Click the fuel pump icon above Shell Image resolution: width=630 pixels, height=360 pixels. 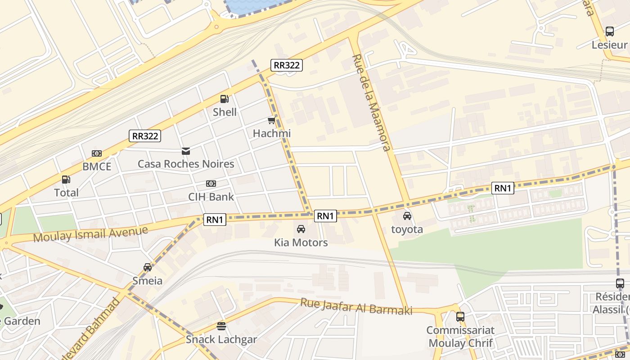pos(224,99)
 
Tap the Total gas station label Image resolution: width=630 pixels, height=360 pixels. pos(66,193)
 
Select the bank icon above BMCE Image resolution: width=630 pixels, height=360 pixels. pos(97,153)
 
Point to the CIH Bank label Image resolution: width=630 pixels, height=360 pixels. pos(211,197)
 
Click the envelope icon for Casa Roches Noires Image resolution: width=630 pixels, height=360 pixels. pos(185,151)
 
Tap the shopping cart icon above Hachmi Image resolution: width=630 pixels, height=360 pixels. pos(271,120)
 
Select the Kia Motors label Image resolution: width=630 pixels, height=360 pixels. pos(301,243)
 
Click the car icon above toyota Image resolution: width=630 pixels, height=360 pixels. pos(407,216)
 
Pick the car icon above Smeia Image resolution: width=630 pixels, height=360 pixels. pos(148,267)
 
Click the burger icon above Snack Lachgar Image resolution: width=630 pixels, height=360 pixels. pos(221,326)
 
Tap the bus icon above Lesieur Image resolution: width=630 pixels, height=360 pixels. pos(610,31)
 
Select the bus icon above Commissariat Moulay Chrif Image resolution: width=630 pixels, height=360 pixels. pos(460,317)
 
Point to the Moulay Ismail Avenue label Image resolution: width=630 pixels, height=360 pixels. pos(90,234)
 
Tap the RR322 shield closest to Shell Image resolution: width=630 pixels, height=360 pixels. pos(287,65)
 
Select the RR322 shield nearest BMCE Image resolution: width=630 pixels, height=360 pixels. pos(145,136)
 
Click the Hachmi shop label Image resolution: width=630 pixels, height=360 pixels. pos(272,133)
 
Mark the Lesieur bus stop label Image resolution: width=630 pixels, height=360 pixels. pos(609,45)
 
